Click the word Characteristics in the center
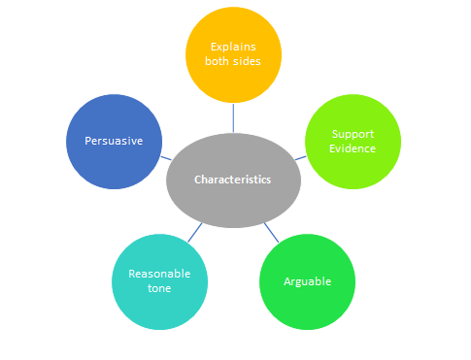(x=233, y=180)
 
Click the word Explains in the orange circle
(x=233, y=46)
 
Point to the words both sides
(x=233, y=61)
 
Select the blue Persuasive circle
(x=113, y=116)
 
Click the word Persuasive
(x=113, y=141)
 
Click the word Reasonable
(x=161, y=274)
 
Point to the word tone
(x=161, y=289)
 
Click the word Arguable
(x=307, y=281)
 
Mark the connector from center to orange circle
(x=233, y=117)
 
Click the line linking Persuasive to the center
(x=167, y=157)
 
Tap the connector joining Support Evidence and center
(x=301, y=157)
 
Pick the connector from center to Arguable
(x=272, y=232)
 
